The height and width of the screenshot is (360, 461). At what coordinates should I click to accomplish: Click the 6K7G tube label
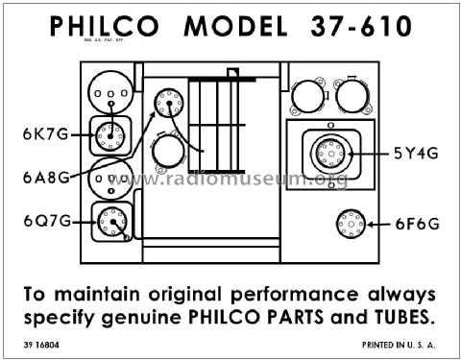click(x=45, y=134)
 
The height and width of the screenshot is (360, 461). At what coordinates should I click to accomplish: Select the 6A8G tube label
click(x=46, y=178)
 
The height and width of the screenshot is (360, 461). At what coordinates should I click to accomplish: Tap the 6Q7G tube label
click(x=47, y=221)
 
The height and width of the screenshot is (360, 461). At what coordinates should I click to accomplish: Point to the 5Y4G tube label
click(x=416, y=154)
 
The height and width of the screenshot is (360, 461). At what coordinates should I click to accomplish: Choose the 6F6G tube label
click(x=418, y=224)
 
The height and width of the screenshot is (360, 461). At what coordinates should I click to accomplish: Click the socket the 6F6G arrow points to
click(x=351, y=224)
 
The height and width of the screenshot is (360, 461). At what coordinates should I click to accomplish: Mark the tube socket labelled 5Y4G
click(x=331, y=154)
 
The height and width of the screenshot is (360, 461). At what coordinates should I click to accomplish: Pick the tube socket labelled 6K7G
click(x=109, y=136)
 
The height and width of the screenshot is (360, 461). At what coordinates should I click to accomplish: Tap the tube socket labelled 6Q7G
click(x=112, y=222)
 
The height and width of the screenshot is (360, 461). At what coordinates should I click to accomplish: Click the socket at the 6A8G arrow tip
click(x=169, y=103)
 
